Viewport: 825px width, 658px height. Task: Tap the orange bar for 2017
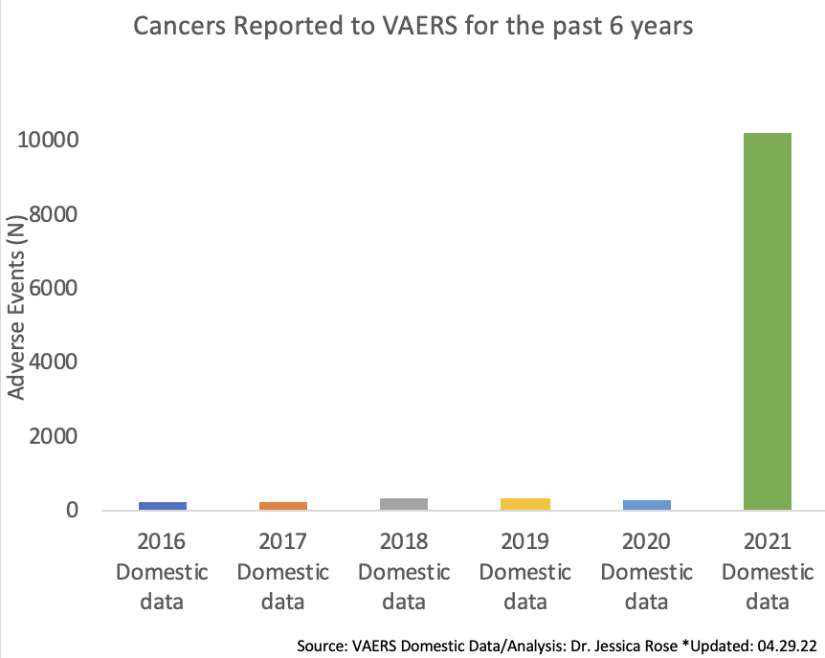(282, 505)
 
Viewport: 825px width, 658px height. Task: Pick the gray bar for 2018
(403, 504)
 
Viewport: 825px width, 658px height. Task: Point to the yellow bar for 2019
(524, 504)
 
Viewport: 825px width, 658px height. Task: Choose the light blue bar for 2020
(646, 504)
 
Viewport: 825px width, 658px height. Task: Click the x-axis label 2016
(162, 542)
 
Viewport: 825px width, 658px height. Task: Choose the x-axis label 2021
(768, 542)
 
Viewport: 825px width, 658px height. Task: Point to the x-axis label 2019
(525, 542)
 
